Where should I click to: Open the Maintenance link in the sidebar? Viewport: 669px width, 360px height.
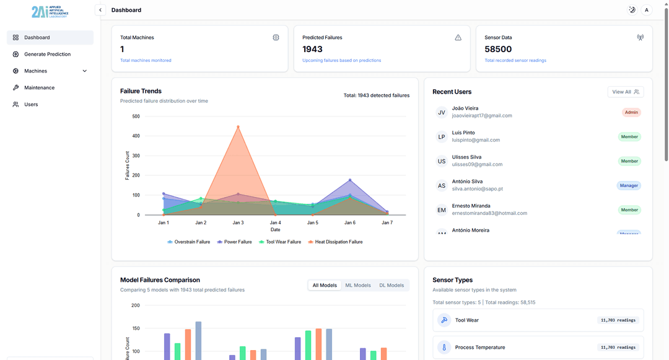[39, 88]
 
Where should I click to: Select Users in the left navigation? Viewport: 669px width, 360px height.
[31, 105]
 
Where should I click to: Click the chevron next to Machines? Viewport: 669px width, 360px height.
[85, 71]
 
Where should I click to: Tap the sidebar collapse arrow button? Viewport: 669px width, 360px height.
[100, 10]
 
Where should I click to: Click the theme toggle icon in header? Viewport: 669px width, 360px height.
[632, 10]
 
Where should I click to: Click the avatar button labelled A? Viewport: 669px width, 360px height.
[647, 10]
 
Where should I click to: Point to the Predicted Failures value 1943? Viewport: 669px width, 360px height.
[312, 49]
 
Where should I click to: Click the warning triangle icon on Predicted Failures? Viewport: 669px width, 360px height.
[458, 38]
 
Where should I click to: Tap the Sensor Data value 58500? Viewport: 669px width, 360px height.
[498, 49]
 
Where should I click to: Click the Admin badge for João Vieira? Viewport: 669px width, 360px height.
[631, 112]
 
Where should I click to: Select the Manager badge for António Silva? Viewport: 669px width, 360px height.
[629, 185]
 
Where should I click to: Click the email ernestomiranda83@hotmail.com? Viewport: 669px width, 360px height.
[489, 213]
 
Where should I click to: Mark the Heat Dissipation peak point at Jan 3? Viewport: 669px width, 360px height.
[238, 127]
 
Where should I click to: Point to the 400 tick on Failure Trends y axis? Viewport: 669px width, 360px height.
[136, 136]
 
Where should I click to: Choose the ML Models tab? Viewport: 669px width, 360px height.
[358, 286]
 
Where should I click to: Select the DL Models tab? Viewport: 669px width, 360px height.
[391, 286]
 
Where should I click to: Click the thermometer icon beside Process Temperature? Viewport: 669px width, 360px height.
[444, 348]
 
